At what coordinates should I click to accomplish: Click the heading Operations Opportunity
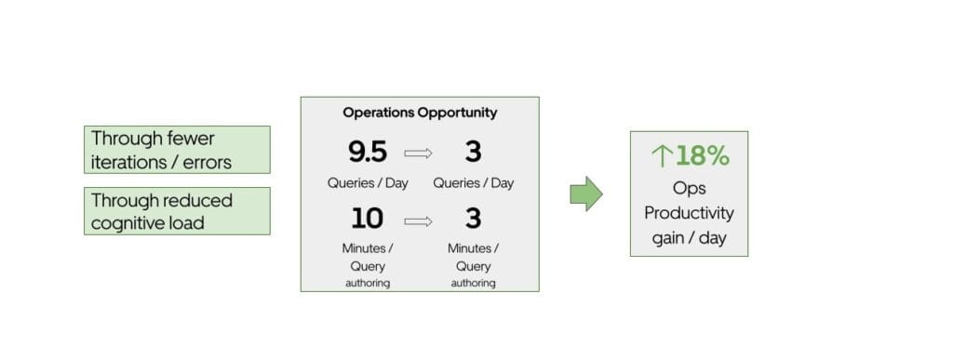419,113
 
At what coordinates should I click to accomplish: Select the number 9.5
367,152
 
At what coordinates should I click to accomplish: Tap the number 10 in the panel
367,220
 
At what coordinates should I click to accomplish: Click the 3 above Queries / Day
473,152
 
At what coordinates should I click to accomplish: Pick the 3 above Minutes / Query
473,220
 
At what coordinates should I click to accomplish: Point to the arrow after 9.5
420,153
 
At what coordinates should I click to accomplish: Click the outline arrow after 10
420,221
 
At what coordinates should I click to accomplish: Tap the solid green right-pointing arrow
585,193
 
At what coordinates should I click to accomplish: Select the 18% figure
703,156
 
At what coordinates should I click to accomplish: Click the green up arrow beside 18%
661,156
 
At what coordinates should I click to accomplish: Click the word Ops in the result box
689,188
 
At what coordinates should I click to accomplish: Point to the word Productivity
689,213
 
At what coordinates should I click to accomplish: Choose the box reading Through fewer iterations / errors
177,150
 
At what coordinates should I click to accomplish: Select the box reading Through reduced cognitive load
177,211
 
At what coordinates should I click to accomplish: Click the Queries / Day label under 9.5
368,183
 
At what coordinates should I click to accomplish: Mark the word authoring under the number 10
368,283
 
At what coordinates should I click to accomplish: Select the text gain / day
689,238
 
